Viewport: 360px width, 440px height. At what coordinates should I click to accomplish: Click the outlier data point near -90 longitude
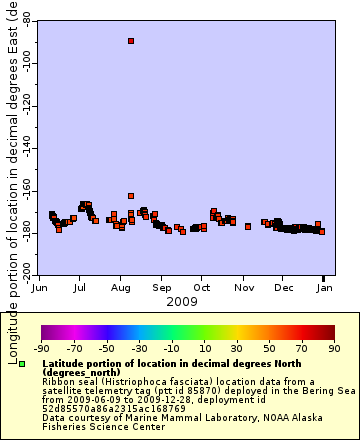[131, 41]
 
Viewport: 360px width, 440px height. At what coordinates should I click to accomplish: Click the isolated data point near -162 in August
[131, 196]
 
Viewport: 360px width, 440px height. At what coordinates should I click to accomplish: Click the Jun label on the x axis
[39, 287]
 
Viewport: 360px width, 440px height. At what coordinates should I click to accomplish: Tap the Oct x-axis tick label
[201, 287]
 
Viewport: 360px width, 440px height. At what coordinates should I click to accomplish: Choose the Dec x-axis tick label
[283, 287]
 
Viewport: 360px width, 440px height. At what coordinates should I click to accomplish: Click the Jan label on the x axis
[323, 287]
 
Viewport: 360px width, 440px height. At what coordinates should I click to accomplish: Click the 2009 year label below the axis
[181, 301]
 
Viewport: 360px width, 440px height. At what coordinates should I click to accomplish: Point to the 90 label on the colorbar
[334, 349]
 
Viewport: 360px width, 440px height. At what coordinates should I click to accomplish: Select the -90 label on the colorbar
[41, 349]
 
